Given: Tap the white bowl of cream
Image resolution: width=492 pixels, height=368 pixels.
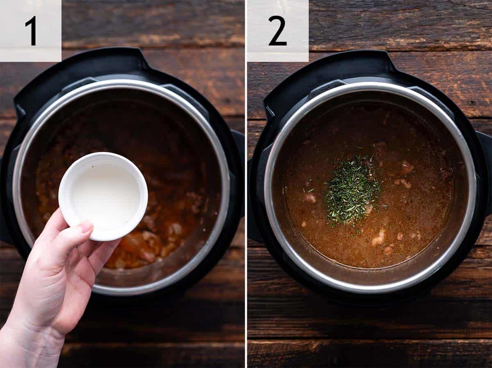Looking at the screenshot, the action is (103, 196).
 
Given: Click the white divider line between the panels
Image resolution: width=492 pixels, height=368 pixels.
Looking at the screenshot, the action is (246, 184).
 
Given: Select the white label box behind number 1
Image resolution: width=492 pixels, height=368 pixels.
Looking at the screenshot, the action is (31, 31).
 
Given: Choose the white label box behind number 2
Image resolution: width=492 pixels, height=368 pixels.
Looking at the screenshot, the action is (278, 31).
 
